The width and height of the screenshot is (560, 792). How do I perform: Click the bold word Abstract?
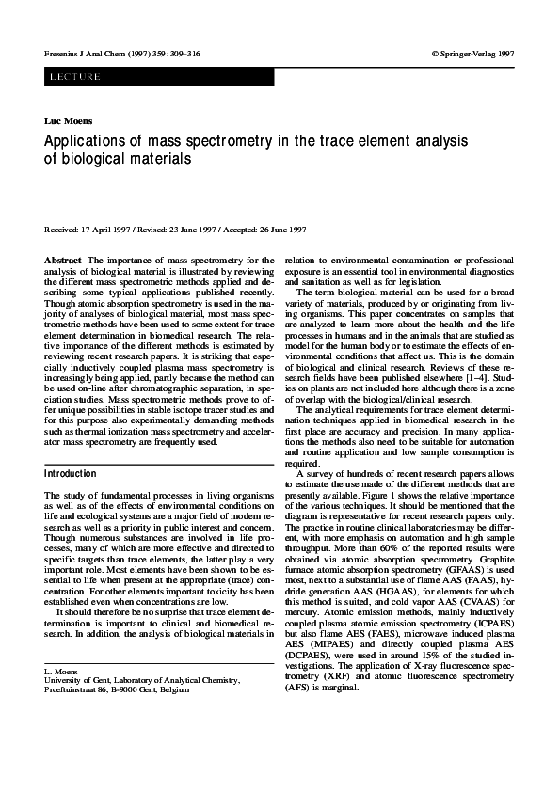point(62,259)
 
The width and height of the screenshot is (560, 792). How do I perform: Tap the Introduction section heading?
point(71,474)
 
